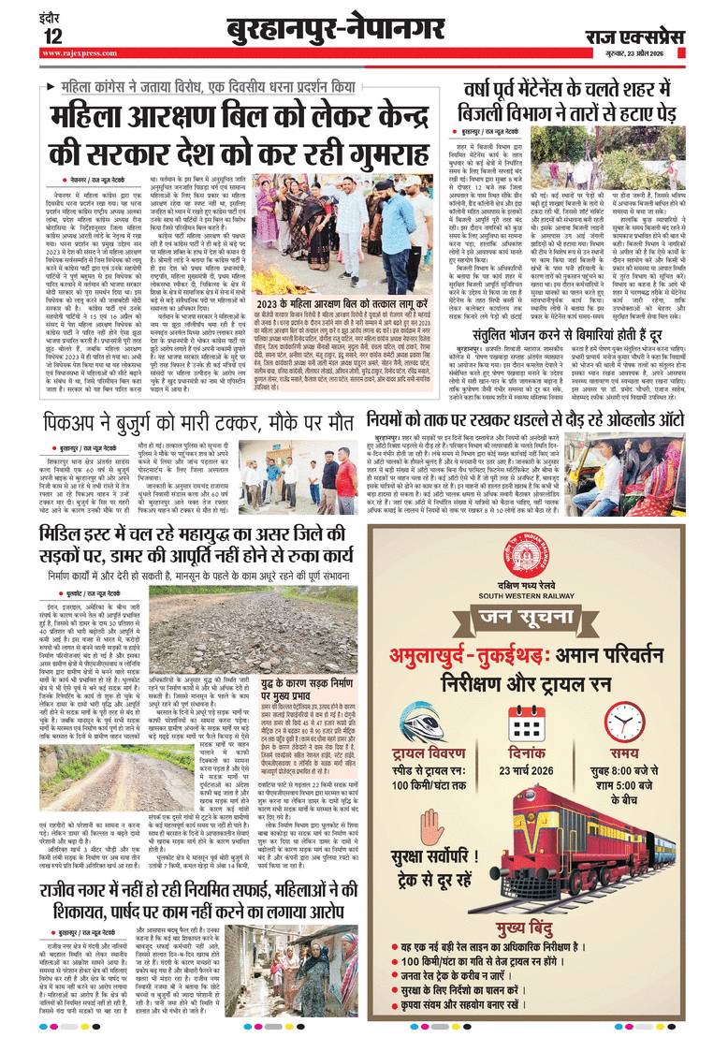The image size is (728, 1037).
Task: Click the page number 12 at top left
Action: pyautogui.click(x=53, y=36)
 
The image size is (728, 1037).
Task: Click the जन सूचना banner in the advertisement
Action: pyautogui.click(x=549, y=616)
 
